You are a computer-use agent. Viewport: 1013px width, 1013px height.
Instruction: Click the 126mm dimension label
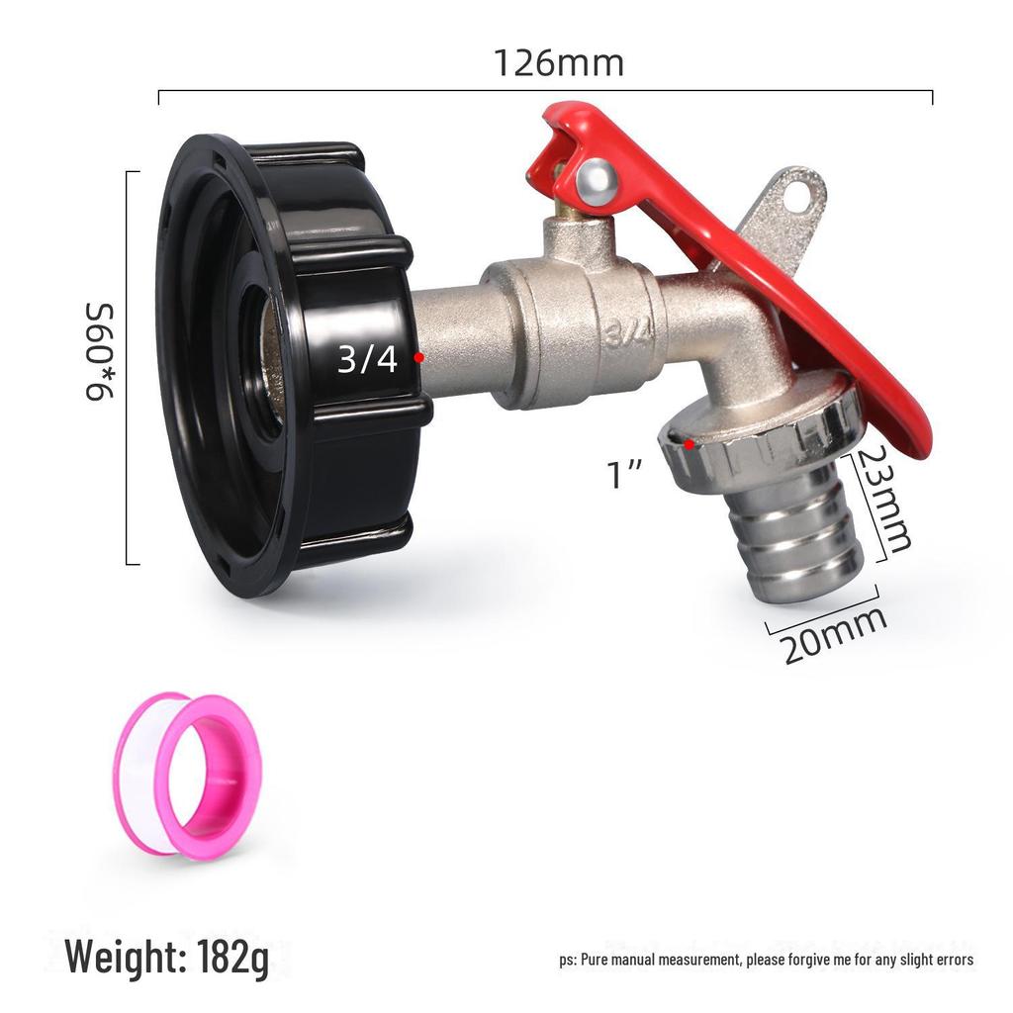coord(559,63)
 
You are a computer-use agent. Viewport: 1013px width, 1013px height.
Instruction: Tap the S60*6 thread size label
coord(100,351)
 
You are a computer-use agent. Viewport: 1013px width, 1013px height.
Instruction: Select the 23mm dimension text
coord(882,499)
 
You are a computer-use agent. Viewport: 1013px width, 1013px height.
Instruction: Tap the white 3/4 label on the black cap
coord(367,358)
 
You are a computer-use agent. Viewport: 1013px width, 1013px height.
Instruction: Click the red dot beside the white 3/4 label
coord(419,357)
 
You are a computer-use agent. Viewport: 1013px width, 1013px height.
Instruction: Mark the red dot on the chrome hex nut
coord(690,444)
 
